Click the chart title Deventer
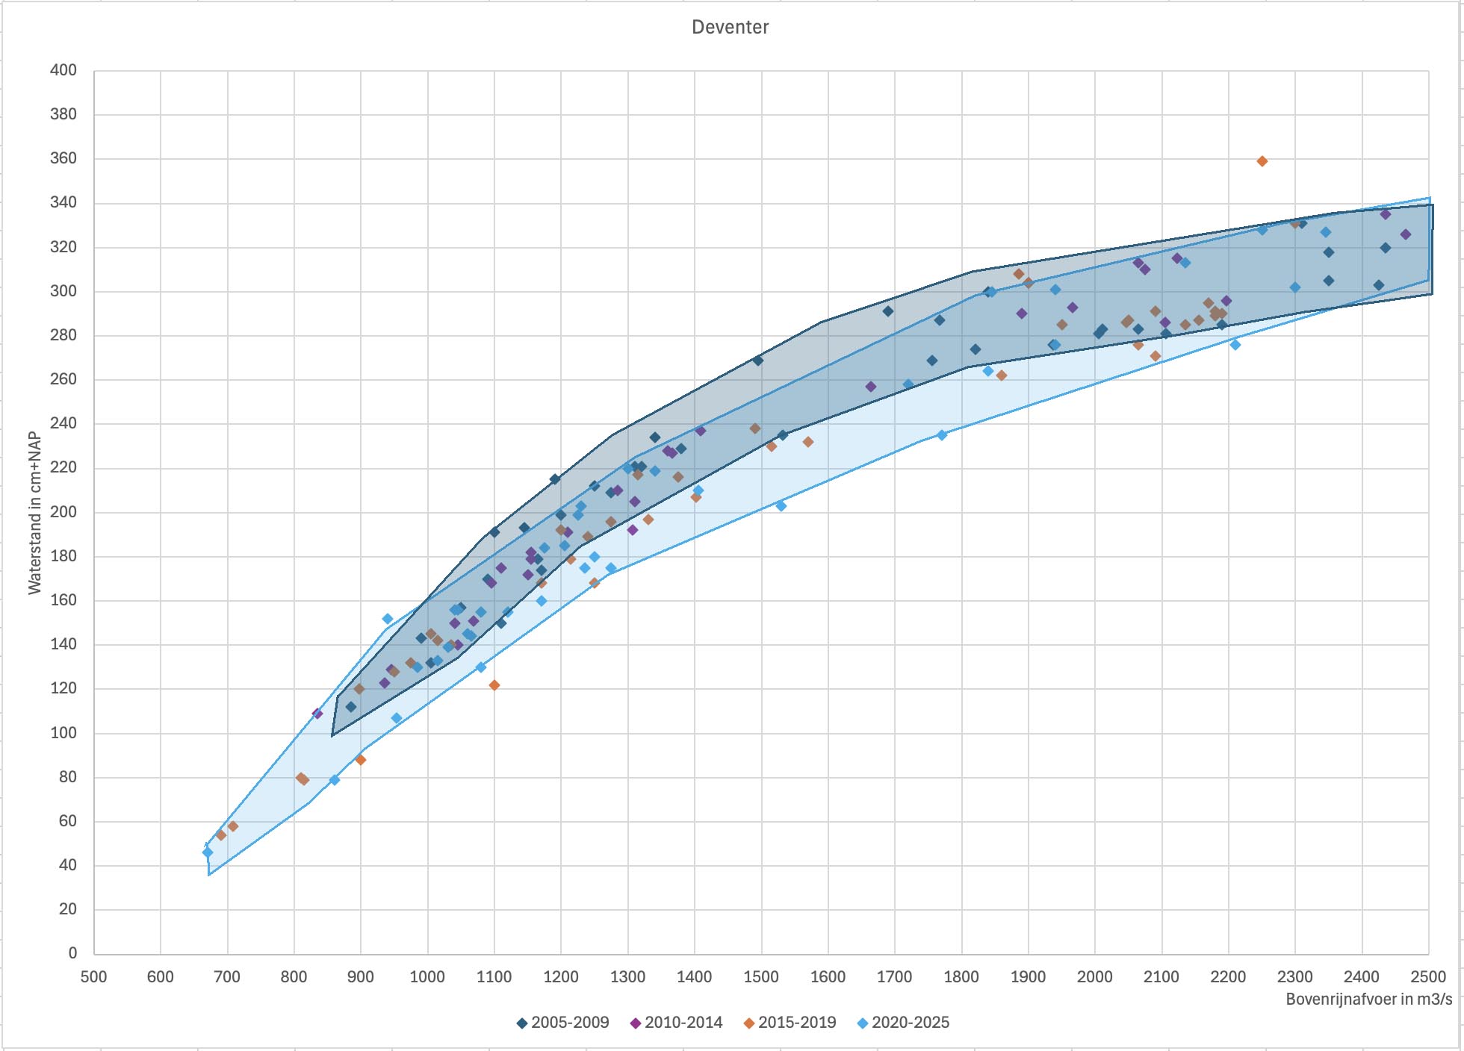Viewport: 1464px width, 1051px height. click(x=730, y=28)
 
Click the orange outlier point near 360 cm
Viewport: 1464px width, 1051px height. click(x=1262, y=161)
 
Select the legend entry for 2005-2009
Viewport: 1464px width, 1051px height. click(x=563, y=1023)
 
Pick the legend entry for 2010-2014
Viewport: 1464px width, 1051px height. click(x=677, y=1023)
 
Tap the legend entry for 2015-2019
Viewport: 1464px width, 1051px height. click(x=790, y=1023)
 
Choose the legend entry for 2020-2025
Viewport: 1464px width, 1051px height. click(x=904, y=1023)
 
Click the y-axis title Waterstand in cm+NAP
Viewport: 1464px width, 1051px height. click(x=34, y=514)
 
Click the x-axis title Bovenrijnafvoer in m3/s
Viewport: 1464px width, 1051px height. click(x=1368, y=999)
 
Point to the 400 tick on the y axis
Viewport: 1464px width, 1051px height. click(x=63, y=70)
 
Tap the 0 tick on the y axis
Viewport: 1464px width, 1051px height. click(x=72, y=953)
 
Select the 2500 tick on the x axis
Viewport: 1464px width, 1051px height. click(x=1428, y=976)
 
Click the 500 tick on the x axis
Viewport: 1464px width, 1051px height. click(x=94, y=976)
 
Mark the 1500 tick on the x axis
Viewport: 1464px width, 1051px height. click(x=761, y=976)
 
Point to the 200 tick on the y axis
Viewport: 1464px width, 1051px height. click(x=63, y=512)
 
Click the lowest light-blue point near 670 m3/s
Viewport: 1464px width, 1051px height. click(x=208, y=852)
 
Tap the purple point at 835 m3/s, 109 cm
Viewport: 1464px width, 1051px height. click(x=317, y=714)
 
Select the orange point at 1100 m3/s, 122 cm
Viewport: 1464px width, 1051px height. click(x=494, y=685)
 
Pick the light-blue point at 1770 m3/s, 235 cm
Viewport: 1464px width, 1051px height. click(x=941, y=435)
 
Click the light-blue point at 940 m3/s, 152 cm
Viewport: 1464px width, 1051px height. click(x=388, y=619)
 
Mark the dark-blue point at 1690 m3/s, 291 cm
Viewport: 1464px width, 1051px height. click(x=888, y=311)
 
